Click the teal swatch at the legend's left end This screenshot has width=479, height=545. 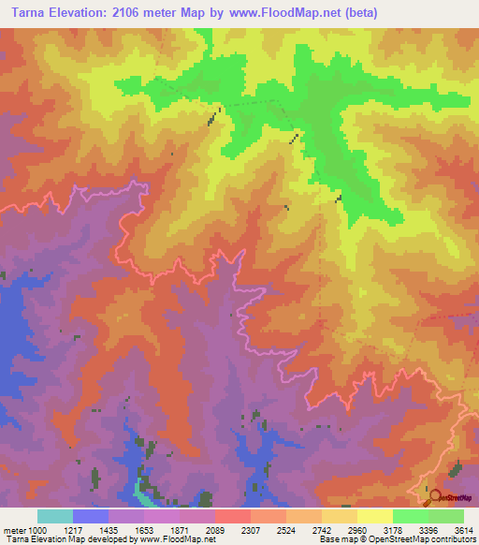tap(55, 516)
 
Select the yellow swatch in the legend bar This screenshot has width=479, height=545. tap(374, 516)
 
